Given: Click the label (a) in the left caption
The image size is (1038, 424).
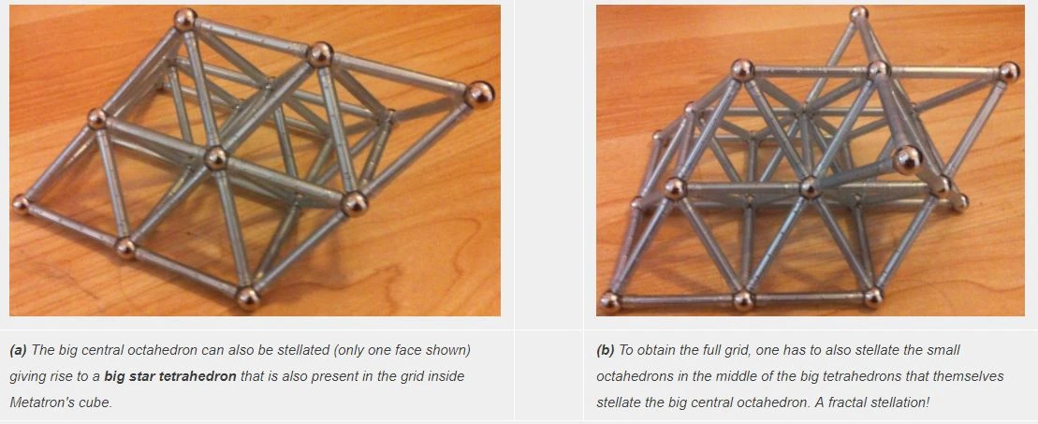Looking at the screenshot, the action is tap(19, 350).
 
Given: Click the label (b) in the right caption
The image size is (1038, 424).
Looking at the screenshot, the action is tap(606, 350).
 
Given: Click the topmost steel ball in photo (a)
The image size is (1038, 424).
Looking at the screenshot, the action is tap(185, 19).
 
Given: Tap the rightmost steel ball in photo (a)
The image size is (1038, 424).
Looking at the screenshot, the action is tap(479, 95).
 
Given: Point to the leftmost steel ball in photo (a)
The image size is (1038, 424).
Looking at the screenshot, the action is tap(21, 204).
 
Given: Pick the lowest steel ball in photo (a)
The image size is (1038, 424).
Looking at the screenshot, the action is tap(248, 299).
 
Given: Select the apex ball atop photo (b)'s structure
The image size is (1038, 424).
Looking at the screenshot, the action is tap(858, 13).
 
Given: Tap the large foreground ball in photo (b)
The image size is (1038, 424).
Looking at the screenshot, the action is tap(907, 160).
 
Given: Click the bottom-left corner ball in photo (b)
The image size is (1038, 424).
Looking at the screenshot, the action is tap(609, 302).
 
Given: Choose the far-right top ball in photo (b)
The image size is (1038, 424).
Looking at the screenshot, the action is tap(1009, 72).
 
